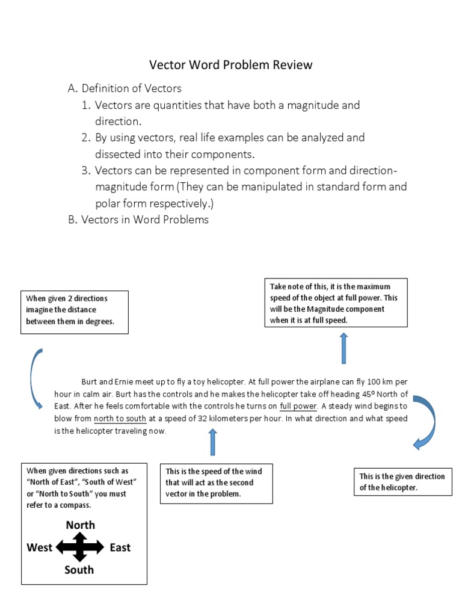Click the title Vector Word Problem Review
[x=230, y=65]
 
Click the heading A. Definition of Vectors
[x=125, y=88]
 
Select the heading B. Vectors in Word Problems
[x=138, y=220]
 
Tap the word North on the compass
[x=80, y=525]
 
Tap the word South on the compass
[x=79, y=569]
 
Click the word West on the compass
[x=40, y=547]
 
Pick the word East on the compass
[x=120, y=547]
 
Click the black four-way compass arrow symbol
[x=80, y=547]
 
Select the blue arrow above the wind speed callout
[x=212, y=443]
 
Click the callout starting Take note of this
[x=336, y=303]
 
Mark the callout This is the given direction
[x=402, y=481]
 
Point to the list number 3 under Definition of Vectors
[x=85, y=170]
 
